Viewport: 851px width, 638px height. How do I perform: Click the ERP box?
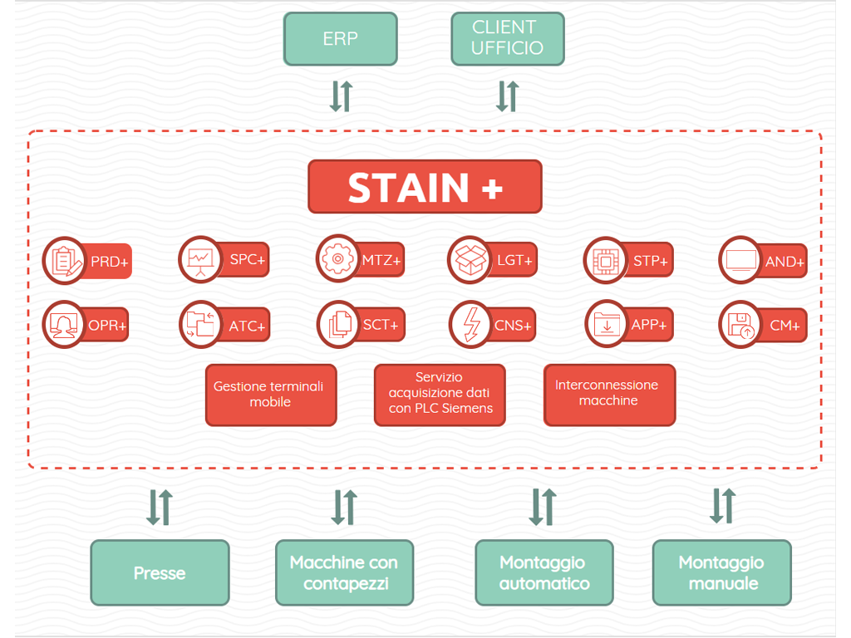[340, 39]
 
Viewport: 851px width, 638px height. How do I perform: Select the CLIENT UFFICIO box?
[508, 39]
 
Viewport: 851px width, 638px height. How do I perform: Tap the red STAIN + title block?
[425, 187]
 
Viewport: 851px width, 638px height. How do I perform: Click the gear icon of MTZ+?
[337, 259]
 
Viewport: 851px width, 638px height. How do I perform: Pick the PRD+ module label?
[109, 262]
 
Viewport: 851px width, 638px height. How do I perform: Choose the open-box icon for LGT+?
[470, 260]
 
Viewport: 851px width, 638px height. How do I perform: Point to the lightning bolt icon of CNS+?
[470, 325]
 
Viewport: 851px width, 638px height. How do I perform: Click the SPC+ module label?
[247, 259]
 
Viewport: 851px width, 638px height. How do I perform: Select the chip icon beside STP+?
[606, 261]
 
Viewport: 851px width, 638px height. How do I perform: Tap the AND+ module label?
[785, 262]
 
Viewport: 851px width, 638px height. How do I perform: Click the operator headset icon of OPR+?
[64, 325]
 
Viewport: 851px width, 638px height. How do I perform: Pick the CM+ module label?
[785, 326]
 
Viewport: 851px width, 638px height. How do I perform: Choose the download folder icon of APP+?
[607, 325]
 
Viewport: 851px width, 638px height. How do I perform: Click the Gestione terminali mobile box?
[271, 395]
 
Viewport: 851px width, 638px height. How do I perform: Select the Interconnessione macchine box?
[609, 395]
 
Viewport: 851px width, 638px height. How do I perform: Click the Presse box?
[160, 572]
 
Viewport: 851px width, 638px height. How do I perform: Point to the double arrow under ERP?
[342, 96]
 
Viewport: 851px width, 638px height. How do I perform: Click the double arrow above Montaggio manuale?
[723, 506]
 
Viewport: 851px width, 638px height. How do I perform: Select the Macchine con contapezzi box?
[345, 572]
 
